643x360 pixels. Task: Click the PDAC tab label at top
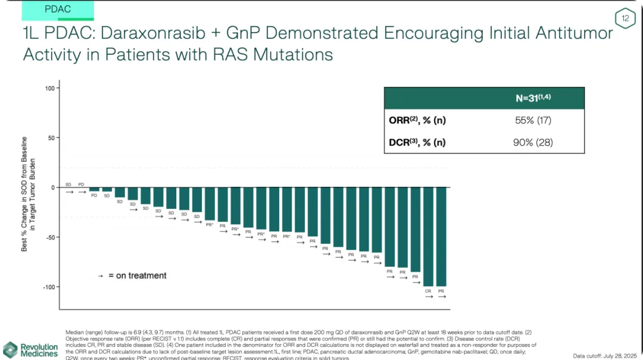tap(57, 9)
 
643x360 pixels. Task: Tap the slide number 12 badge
tap(626, 19)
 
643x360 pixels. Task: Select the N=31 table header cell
tap(533, 98)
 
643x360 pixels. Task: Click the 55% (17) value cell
tap(533, 120)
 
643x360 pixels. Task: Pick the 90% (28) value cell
tap(533, 142)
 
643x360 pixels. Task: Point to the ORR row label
tap(417, 120)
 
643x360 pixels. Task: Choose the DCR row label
tap(417, 142)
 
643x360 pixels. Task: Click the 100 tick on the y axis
tap(49, 88)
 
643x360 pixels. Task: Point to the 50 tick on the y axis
tap(51, 137)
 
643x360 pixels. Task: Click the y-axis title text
tap(29, 193)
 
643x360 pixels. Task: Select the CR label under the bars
tap(428, 291)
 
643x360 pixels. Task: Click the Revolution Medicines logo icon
tap(10, 350)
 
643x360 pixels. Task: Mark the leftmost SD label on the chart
tap(68, 184)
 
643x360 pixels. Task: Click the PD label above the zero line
tap(82, 184)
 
